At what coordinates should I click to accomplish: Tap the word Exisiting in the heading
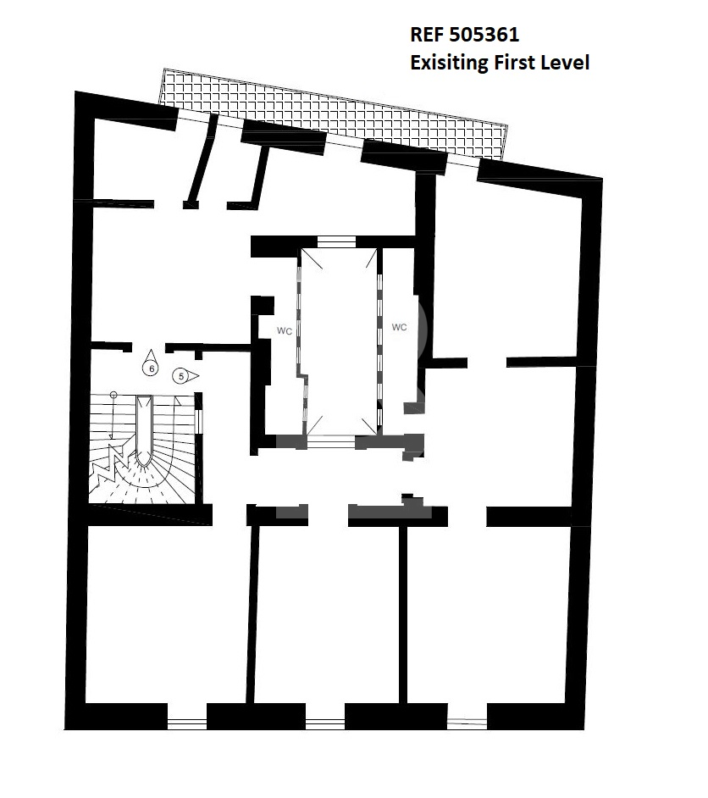coord(449,63)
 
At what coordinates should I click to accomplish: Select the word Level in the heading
coord(565,63)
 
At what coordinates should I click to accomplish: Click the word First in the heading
coord(514,63)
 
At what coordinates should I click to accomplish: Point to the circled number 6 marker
coord(150,363)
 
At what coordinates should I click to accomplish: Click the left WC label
coord(285,331)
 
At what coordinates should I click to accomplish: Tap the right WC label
coord(399,327)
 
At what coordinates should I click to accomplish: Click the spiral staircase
coord(143,448)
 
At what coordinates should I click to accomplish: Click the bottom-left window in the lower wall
coord(187,723)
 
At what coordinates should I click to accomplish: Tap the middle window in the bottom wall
coord(325,723)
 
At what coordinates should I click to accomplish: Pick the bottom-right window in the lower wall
coord(467,723)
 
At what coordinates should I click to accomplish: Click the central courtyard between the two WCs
coord(340,341)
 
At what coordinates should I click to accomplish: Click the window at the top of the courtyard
coord(336,241)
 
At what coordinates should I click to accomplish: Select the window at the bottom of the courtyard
coord(331,441)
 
